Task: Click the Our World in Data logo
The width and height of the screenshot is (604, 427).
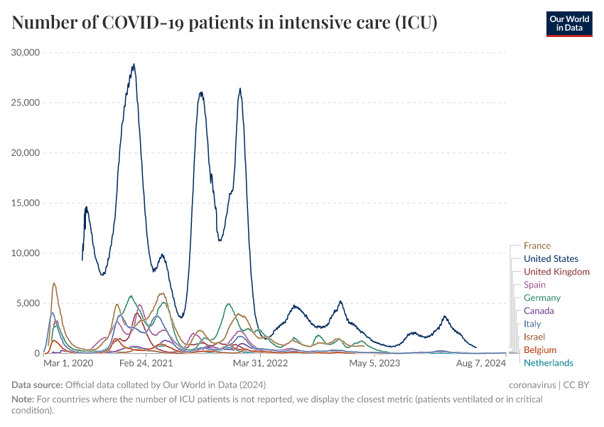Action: (x=568, y=23)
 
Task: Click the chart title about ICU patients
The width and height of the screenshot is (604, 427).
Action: (x=225, y=23)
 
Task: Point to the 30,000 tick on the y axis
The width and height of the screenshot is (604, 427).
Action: (x=26, y=53)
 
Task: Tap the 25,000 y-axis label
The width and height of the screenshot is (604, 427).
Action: (x=26, y=102)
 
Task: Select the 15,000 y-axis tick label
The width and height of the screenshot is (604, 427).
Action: (x=26, y=203)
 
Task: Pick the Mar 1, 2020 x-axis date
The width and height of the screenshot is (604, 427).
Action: (x=68, y=364)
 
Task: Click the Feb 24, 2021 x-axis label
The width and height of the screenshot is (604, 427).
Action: (x=146, y=364)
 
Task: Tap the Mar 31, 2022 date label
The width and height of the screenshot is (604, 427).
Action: (x=262, y=364)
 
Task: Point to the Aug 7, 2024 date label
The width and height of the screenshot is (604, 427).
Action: (x=480, y=364)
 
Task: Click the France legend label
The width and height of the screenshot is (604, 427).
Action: (x=537, y=246)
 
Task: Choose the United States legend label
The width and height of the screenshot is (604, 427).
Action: (x=551, y=259)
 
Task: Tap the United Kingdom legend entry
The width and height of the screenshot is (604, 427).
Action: (x=556, y=272)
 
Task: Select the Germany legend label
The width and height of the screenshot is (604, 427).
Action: (x=542, y=298)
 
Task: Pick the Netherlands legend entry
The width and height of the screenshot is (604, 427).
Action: (x=548, y=363)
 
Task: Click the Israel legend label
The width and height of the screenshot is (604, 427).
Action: (x=534, y=337)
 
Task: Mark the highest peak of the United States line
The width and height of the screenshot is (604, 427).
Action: (x=133, y=64)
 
